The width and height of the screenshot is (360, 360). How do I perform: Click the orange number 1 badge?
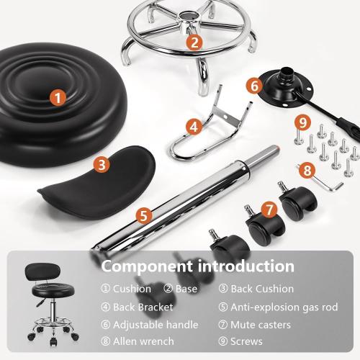pyautogui.click(x=58, y=96)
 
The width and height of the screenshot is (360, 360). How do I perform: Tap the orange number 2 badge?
pyautogui.click(x=194, y=42)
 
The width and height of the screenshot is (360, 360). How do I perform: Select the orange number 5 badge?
pyautogui.click(x=143, y=215)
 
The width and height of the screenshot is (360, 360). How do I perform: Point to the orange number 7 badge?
pyautogui.click(x=269, y=210)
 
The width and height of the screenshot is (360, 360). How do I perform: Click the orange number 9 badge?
pyautogui.click(x=303, y=121)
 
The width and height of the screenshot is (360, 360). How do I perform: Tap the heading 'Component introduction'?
pyautogui.click(x=197, y=266)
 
